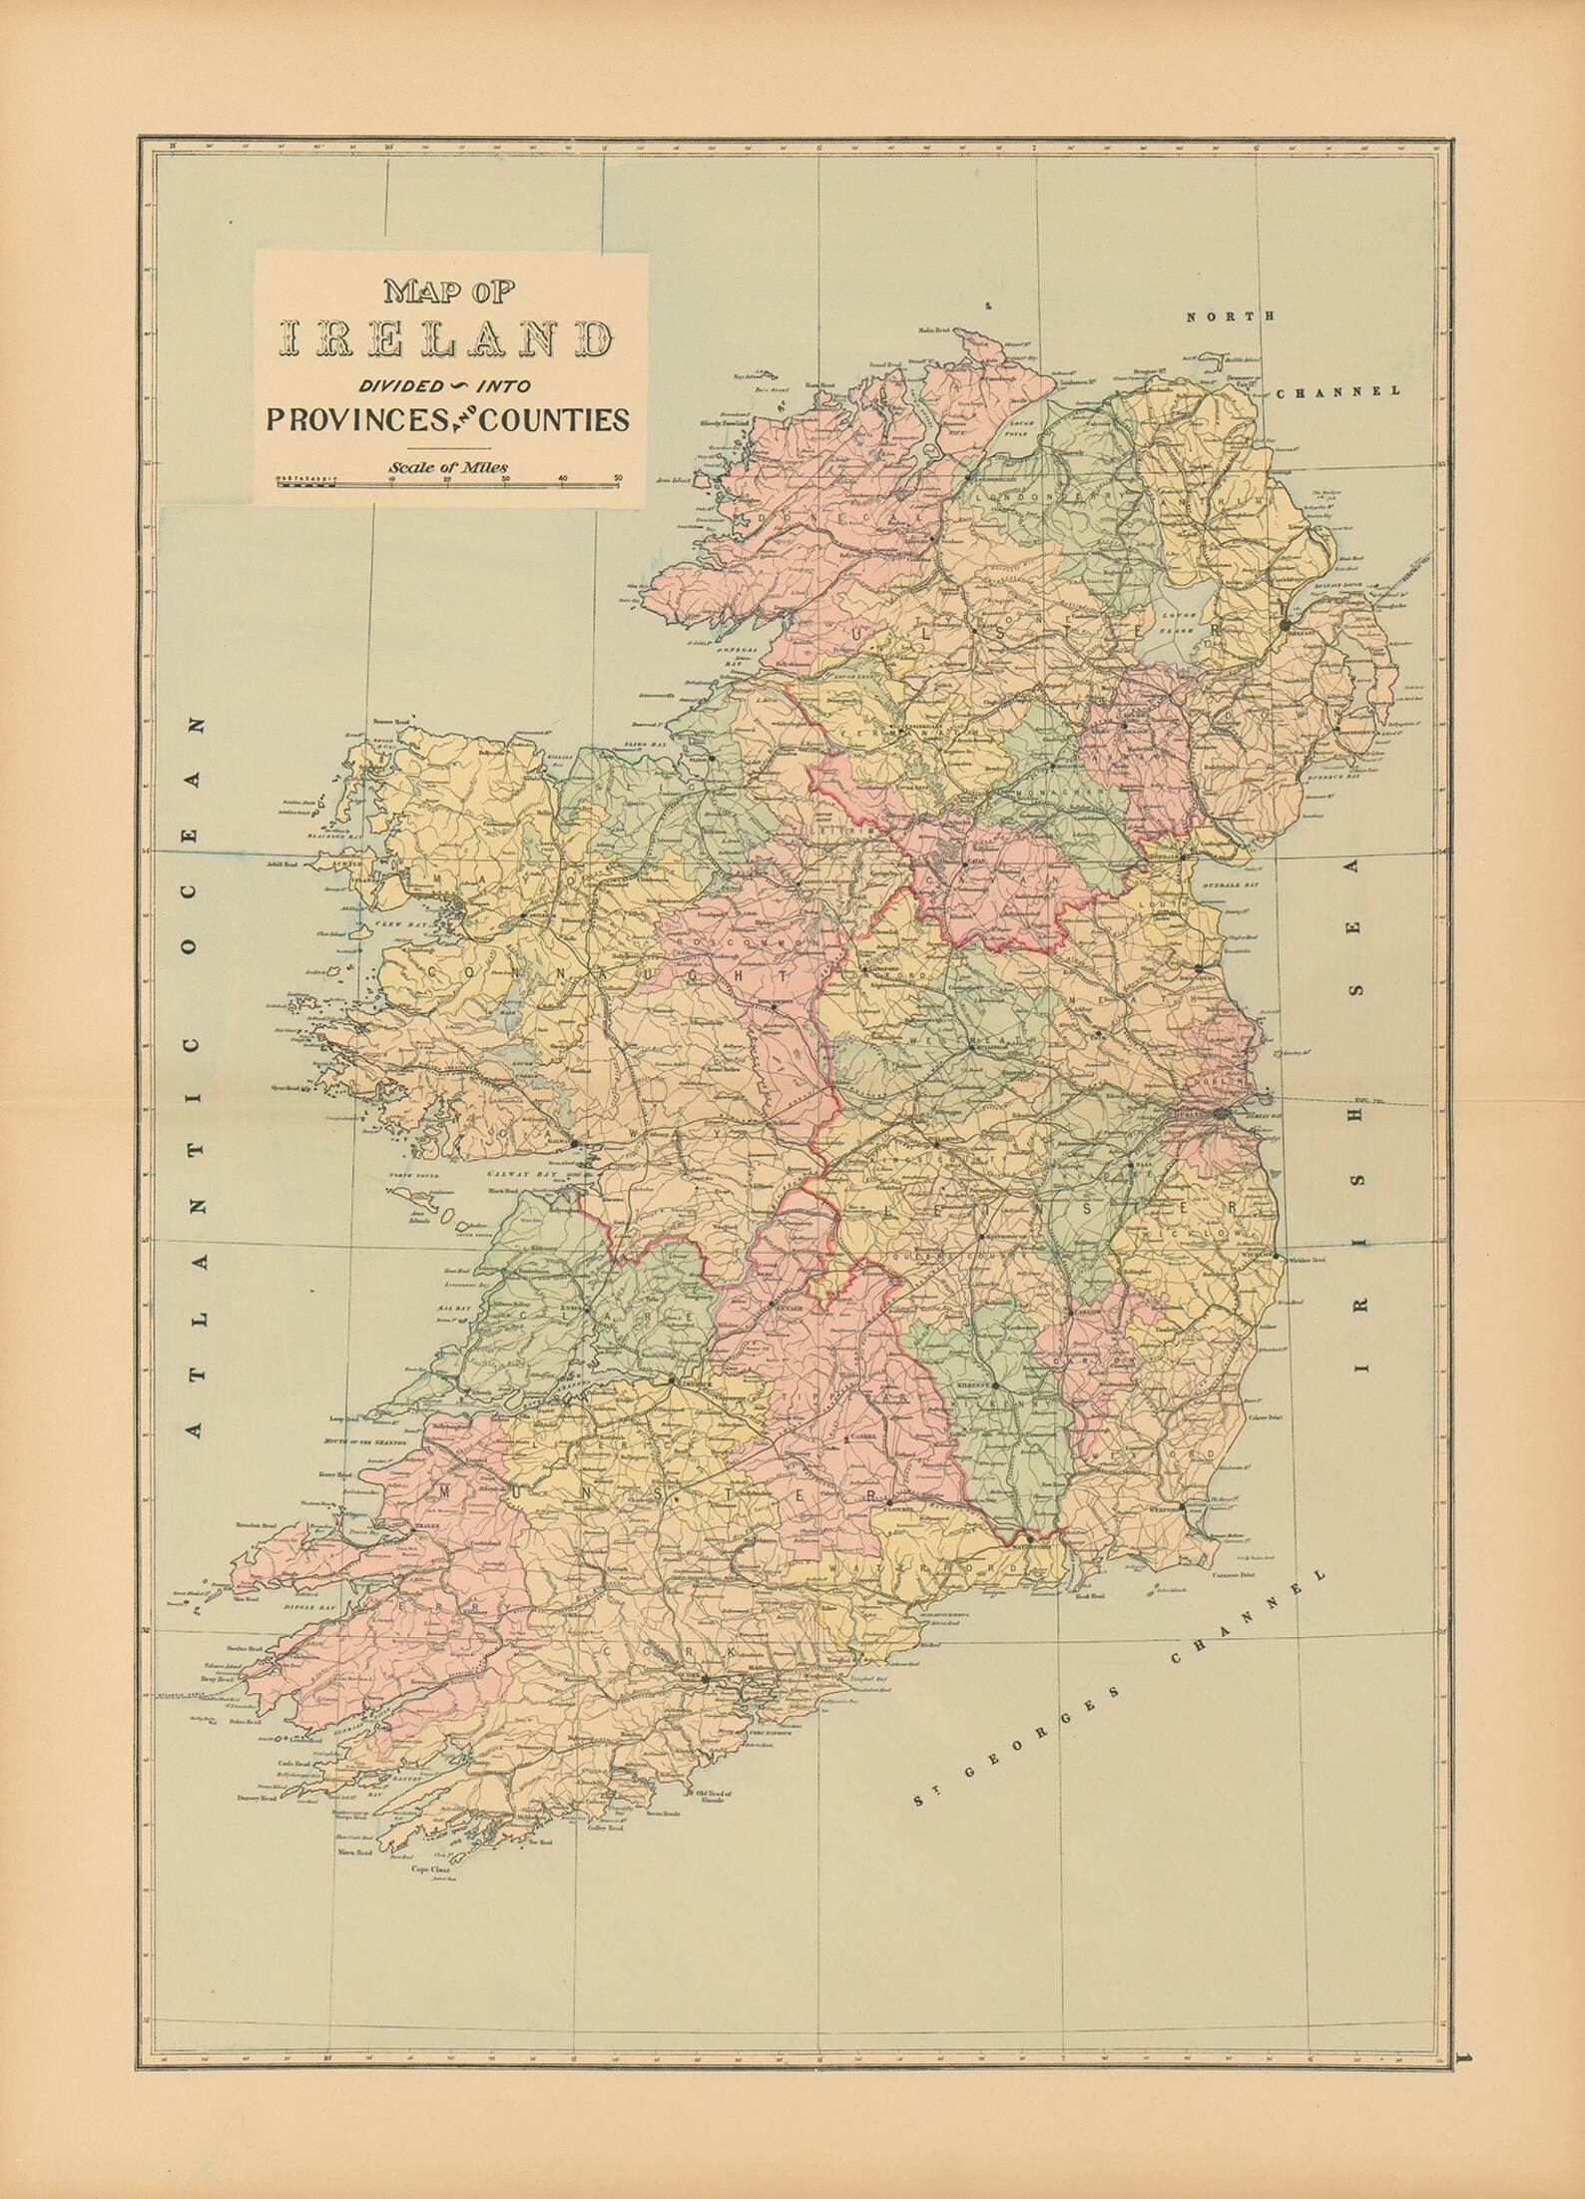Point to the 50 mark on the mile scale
point(620,478)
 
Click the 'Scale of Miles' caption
point(449,465)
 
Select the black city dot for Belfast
point(1286,624)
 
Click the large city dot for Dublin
point(1224,1112)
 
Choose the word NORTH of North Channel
point(1231,316)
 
